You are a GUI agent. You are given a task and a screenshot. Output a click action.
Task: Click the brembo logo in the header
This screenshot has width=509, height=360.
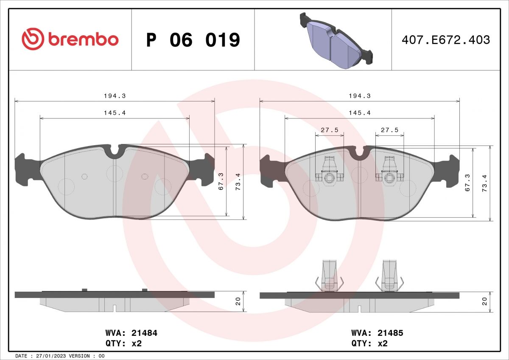pyautogui.click(x=70, y=39)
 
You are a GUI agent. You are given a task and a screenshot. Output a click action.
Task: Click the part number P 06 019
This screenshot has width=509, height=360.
pyautogui.click(x=193, y=40)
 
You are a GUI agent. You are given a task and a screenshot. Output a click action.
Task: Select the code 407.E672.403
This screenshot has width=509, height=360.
pyautogui.click(x=445, y=40)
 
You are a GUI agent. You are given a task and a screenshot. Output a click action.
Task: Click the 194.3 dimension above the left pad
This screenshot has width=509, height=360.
pyautogui.click(x=115, y=96)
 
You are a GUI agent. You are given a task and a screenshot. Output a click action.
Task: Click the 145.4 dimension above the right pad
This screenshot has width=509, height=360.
pyautogui.click(x=360, y=113)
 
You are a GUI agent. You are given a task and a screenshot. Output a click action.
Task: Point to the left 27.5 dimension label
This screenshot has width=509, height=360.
pyautogui.click(x=329, y=130)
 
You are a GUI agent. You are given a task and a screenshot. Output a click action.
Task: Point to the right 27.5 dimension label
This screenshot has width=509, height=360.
pyautogui.click(x=389, y=130)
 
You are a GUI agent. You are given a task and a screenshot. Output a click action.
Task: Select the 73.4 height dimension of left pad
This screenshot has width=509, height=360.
pyautogui.click(x=238, y=182)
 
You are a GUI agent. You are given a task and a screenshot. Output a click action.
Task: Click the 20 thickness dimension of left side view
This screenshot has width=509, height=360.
pyautogui.click(x=238, y=301)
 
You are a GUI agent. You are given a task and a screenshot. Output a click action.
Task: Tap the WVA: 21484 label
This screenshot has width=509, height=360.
pyautogui.click(x=131, y=333)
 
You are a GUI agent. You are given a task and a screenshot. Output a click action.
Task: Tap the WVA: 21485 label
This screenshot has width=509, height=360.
pyautogui.click(x=377, y=333)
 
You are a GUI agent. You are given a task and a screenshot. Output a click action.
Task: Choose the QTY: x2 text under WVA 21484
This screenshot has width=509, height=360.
pyautogui.click(x=123, y=344)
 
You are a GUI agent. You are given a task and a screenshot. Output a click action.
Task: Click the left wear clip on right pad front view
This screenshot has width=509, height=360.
pyautogui.click(x=329, y=172)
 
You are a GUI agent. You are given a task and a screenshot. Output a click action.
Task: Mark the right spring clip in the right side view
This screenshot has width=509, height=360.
pyautogui.click(x=389, y=276)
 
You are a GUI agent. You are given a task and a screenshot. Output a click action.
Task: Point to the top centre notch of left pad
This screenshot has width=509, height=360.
pyautogui.click(x=115, y=152)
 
